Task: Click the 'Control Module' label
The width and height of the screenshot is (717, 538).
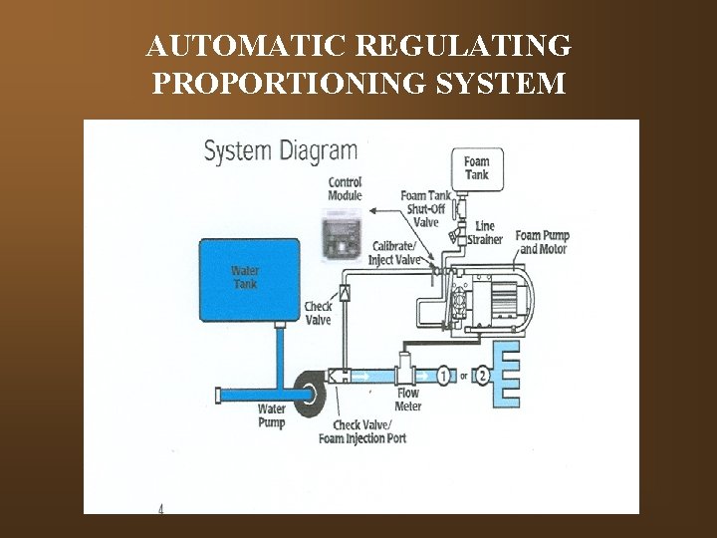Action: (x=344, y=189)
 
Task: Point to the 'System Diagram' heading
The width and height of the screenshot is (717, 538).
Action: (x=280, y=151)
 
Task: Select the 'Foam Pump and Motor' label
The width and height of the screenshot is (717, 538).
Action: (x=543, y=242)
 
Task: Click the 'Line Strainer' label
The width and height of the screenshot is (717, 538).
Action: (x=490, y=232)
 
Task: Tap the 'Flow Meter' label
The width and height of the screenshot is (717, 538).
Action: (x=408, y=400)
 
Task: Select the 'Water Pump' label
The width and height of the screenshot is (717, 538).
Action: (x=271, y=415)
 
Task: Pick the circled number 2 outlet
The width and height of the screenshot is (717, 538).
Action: (x=483, y=376)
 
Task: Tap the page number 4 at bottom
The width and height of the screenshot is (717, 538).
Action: (x=161, y=508)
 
